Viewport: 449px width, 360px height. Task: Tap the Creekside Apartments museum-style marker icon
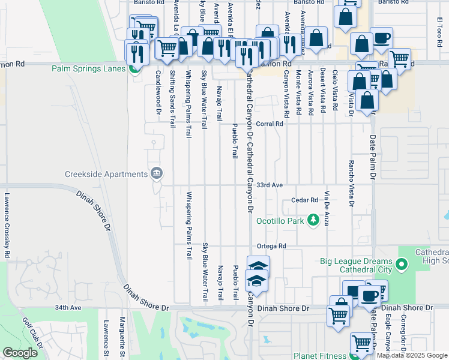coord(157,173)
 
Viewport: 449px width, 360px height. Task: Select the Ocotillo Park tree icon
coord(313,221)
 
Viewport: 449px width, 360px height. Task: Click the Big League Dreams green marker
coord(402,263)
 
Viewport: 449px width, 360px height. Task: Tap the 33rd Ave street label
coord(270,185)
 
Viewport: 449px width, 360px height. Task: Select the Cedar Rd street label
coord(304,200)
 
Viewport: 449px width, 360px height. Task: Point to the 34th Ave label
coord(68,308)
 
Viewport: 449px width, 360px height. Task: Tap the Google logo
coord(20,353)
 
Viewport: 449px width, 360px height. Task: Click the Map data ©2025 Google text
coord(411,355)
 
